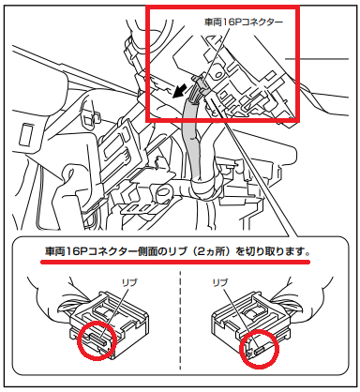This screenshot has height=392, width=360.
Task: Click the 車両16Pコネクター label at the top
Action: pyautogui.click(x=244, y=23)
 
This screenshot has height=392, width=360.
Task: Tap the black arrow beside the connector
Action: pyautogui.click(x=181, y=91)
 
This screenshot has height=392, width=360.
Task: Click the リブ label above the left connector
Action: pyautogui.click(x=129, y=283)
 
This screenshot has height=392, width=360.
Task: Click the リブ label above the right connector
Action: pyautogui.click(x=220, y=283)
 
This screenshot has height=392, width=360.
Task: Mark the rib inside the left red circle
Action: pyautogui.click(x=99, y=339)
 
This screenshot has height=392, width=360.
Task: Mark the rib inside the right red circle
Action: pyautogui.click(x=260, y=351)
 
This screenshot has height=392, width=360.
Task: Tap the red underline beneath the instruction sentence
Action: pyautogui.click(x=175, y=262)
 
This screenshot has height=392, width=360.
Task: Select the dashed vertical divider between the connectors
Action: pyautogui.click(x=180, y=317)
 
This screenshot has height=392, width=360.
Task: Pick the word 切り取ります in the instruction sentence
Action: pyautogui.click(x=272, y=251)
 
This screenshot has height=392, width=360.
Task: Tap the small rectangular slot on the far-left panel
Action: pyautogui.click(x=26, y=135)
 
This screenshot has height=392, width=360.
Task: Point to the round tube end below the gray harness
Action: pyautogui.click(x=163, y=191)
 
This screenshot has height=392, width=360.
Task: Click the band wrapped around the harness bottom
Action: pyautogui.click(x=203, y=188)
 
